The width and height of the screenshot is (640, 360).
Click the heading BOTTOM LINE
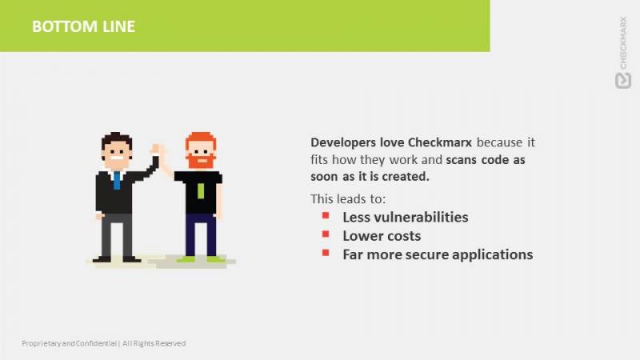(84, 26)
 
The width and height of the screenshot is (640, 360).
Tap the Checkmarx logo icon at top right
(623, 81)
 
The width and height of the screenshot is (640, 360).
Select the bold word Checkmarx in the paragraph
(439, 142)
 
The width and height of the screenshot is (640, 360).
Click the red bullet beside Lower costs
(326, 234)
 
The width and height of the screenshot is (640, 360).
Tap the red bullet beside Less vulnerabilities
(326, 215)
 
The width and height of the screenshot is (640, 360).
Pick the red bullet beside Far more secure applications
(326, 253)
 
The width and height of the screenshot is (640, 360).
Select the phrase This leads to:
(348, 198)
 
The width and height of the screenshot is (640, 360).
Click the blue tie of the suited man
(117, 180)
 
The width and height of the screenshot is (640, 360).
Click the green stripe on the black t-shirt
(201, 191)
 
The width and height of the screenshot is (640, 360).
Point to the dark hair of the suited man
(117, 139)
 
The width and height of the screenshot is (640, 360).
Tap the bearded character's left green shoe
(186, 258)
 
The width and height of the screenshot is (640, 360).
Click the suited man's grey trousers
(116, 235)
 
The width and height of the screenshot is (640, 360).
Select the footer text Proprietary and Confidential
(69, 343)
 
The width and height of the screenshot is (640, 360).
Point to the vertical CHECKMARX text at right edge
(623, 42)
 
